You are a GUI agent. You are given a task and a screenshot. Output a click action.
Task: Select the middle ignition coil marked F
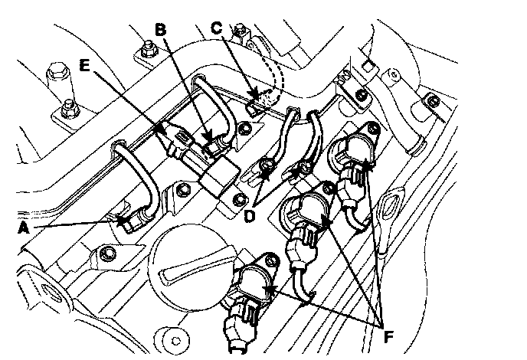tap(306, 211)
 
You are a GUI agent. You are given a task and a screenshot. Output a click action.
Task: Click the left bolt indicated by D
tap(268, 166)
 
